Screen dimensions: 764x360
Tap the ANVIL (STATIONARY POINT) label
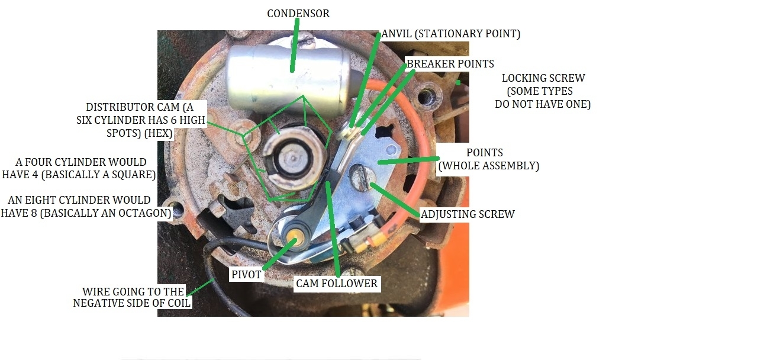452,34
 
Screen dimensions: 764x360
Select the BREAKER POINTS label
450,63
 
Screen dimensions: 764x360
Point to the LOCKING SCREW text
543,78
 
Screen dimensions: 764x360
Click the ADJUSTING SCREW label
468,214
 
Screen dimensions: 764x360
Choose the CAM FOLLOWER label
337,284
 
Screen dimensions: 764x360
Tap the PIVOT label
246,275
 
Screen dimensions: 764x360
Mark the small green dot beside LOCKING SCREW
457,82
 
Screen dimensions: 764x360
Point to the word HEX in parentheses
160,134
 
